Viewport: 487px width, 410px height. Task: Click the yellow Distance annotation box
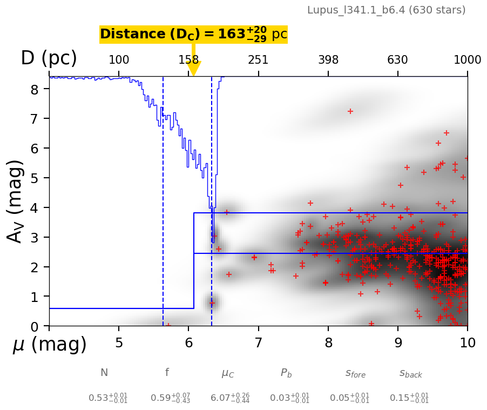193,34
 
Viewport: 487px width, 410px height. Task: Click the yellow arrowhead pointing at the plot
193,69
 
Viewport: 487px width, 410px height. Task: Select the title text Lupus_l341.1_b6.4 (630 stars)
386,10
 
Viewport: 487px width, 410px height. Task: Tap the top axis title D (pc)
49,58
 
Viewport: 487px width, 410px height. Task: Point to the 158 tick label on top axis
188,60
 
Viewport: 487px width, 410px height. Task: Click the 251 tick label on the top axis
258,60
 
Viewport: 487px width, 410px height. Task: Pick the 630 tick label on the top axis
397,60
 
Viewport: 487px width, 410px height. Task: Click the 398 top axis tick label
328,60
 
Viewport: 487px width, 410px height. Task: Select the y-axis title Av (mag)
16,201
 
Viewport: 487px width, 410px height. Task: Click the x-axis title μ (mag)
50,345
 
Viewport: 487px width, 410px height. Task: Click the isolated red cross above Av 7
350,111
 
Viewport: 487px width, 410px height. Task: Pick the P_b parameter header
287,373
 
